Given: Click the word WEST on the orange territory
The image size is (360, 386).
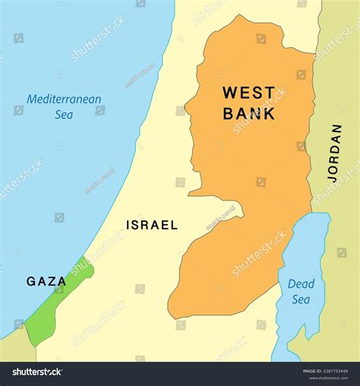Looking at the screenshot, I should tap(248, 94).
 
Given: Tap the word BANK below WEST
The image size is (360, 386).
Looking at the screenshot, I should tap(248, 115).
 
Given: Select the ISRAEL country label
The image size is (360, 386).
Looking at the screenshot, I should tap(152, 225).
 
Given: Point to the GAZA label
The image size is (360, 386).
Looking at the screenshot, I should tap(46, 281).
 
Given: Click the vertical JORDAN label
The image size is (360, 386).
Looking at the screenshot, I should tap(335, 152).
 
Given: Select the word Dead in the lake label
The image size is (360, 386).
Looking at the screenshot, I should tap(301, 283).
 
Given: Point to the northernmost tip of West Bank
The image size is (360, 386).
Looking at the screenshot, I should tap(241, 17).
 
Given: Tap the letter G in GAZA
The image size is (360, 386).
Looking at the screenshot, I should tap(31, 281).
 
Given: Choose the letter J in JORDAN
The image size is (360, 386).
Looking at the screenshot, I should tap(335, 177).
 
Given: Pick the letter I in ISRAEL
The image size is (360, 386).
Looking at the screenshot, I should tap(128, 225).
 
